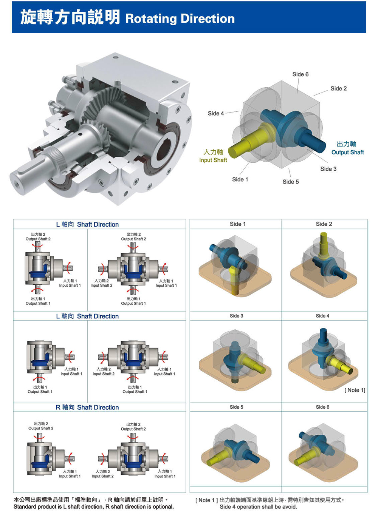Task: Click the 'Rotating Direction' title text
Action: [180, 19]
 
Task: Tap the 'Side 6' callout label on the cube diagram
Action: [300, 74]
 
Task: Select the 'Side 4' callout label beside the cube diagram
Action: [215, 113]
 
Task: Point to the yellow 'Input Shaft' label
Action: [213, 160]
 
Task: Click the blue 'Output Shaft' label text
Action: [347, 152]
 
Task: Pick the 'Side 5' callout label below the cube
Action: [291, 182]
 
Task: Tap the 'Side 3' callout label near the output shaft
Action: [328, 169]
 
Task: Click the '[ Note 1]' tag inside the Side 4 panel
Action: [355, 390]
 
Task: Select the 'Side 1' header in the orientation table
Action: [238, 224]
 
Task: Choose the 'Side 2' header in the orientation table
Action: [324, 224]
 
